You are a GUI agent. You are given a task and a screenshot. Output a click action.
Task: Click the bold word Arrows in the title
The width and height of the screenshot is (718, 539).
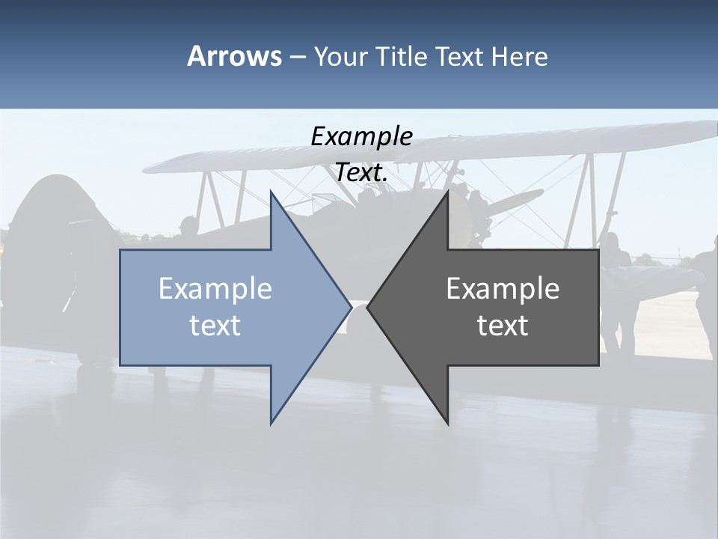pos(234,56)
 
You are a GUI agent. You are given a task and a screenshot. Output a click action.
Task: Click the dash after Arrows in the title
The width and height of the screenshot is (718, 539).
pos(298,57)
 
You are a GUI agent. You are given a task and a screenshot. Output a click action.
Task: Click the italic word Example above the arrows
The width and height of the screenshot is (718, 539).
pos(361,136)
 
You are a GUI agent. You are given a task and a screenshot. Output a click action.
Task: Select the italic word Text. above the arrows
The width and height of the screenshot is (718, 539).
pos(361,172)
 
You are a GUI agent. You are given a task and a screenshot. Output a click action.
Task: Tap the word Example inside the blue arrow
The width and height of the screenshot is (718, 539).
pos(215,289)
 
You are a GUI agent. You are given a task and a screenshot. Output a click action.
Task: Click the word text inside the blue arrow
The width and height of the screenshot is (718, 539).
pos(215,325)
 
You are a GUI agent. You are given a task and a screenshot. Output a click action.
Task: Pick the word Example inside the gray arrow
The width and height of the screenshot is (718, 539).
pos(503,289)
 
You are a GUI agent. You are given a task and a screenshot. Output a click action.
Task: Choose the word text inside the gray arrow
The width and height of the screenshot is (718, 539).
pos(503,325)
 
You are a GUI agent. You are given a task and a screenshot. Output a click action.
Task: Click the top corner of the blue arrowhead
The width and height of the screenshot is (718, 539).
pos(271,192)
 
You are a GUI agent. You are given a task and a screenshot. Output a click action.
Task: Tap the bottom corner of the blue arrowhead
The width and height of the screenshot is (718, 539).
pos(271,423)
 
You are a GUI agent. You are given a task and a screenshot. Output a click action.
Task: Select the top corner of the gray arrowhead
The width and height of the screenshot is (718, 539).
pos(447,192)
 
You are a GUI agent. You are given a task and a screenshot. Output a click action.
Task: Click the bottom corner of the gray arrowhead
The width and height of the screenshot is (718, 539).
pos(447,423)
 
